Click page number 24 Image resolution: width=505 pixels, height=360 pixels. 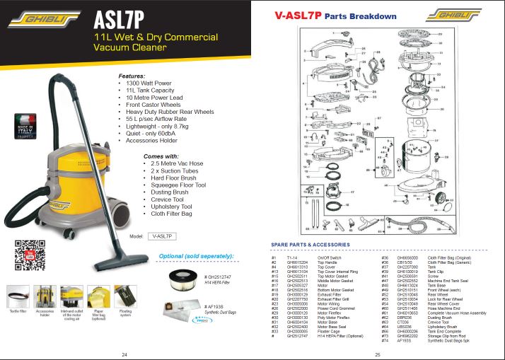point(124,354)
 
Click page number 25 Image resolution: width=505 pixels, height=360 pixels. point(378,354)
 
